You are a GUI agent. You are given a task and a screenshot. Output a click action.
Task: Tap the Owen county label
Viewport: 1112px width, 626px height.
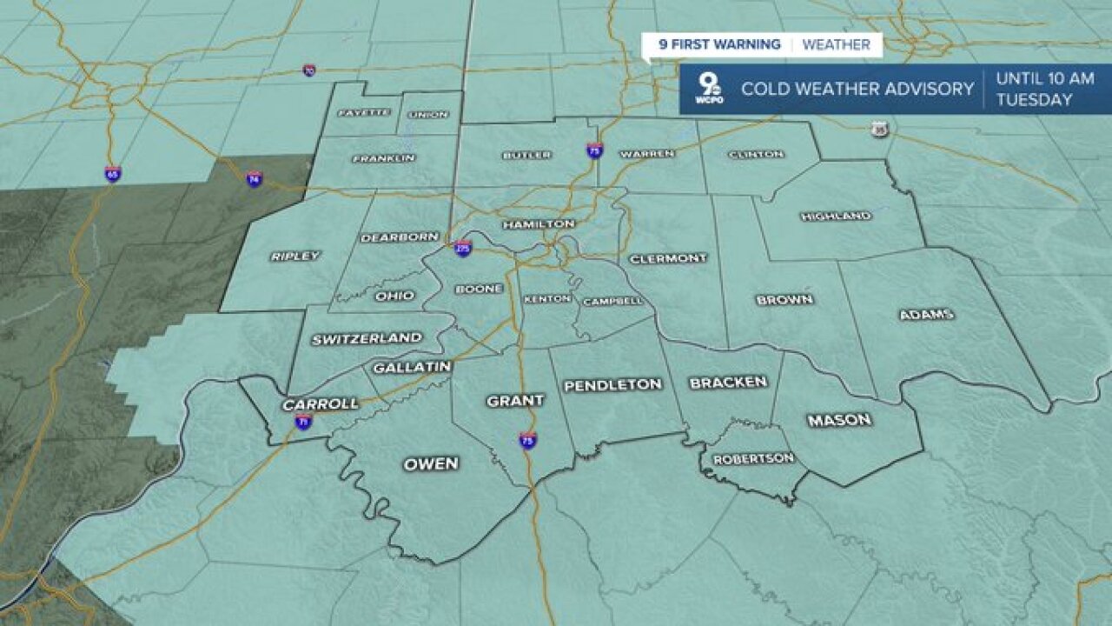click(431, 464)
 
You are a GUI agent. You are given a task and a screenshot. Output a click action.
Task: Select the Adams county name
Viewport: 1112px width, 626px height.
click(926, 315)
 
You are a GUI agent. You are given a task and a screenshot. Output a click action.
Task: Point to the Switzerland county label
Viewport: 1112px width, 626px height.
click(367, 338)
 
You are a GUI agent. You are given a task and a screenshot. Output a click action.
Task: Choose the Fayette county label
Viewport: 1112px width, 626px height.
click(361, 113)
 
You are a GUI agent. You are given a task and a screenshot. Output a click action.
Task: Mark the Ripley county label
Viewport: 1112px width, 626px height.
click(295, 256)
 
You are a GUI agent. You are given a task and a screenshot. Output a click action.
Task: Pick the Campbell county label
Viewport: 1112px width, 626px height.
click(613, 301)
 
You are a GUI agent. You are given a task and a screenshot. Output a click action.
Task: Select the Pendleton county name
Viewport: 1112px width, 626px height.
click(612, 384)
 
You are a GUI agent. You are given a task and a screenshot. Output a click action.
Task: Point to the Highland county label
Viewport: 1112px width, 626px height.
click(836, 216)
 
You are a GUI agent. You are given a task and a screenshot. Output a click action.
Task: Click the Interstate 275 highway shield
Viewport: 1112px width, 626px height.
click(463, 249)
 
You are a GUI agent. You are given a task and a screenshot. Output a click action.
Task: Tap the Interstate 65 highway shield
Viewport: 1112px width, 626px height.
click(112, 174)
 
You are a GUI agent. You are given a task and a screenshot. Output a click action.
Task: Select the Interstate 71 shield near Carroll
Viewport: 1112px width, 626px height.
click(303, 423)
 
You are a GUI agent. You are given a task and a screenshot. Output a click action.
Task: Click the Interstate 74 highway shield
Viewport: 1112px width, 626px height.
click(254, 179)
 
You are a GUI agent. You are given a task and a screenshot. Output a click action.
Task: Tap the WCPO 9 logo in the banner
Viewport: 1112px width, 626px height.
click(710, 90)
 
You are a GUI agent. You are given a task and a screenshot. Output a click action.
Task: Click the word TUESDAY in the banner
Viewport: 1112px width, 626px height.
click(1034, 100)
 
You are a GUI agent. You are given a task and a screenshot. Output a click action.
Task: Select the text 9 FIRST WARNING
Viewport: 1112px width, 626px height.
click(719, 45)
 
